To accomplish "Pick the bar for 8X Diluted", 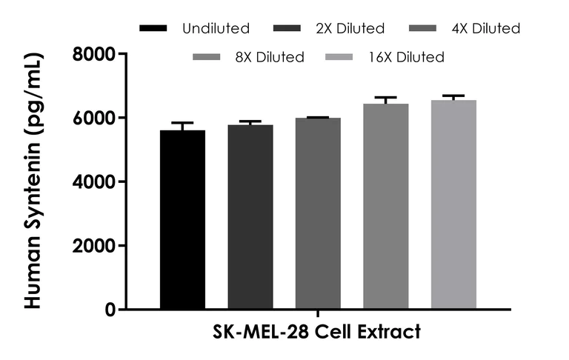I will click(386, 207).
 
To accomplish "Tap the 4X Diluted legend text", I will click(487, 29).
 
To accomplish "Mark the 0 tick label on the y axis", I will click(109, 310).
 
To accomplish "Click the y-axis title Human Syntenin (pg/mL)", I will click(33, 181).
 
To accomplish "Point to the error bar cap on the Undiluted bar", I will click(182, 123).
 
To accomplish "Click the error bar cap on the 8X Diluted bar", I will click(386, 97).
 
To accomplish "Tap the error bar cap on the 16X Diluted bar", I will click(453, 96).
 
